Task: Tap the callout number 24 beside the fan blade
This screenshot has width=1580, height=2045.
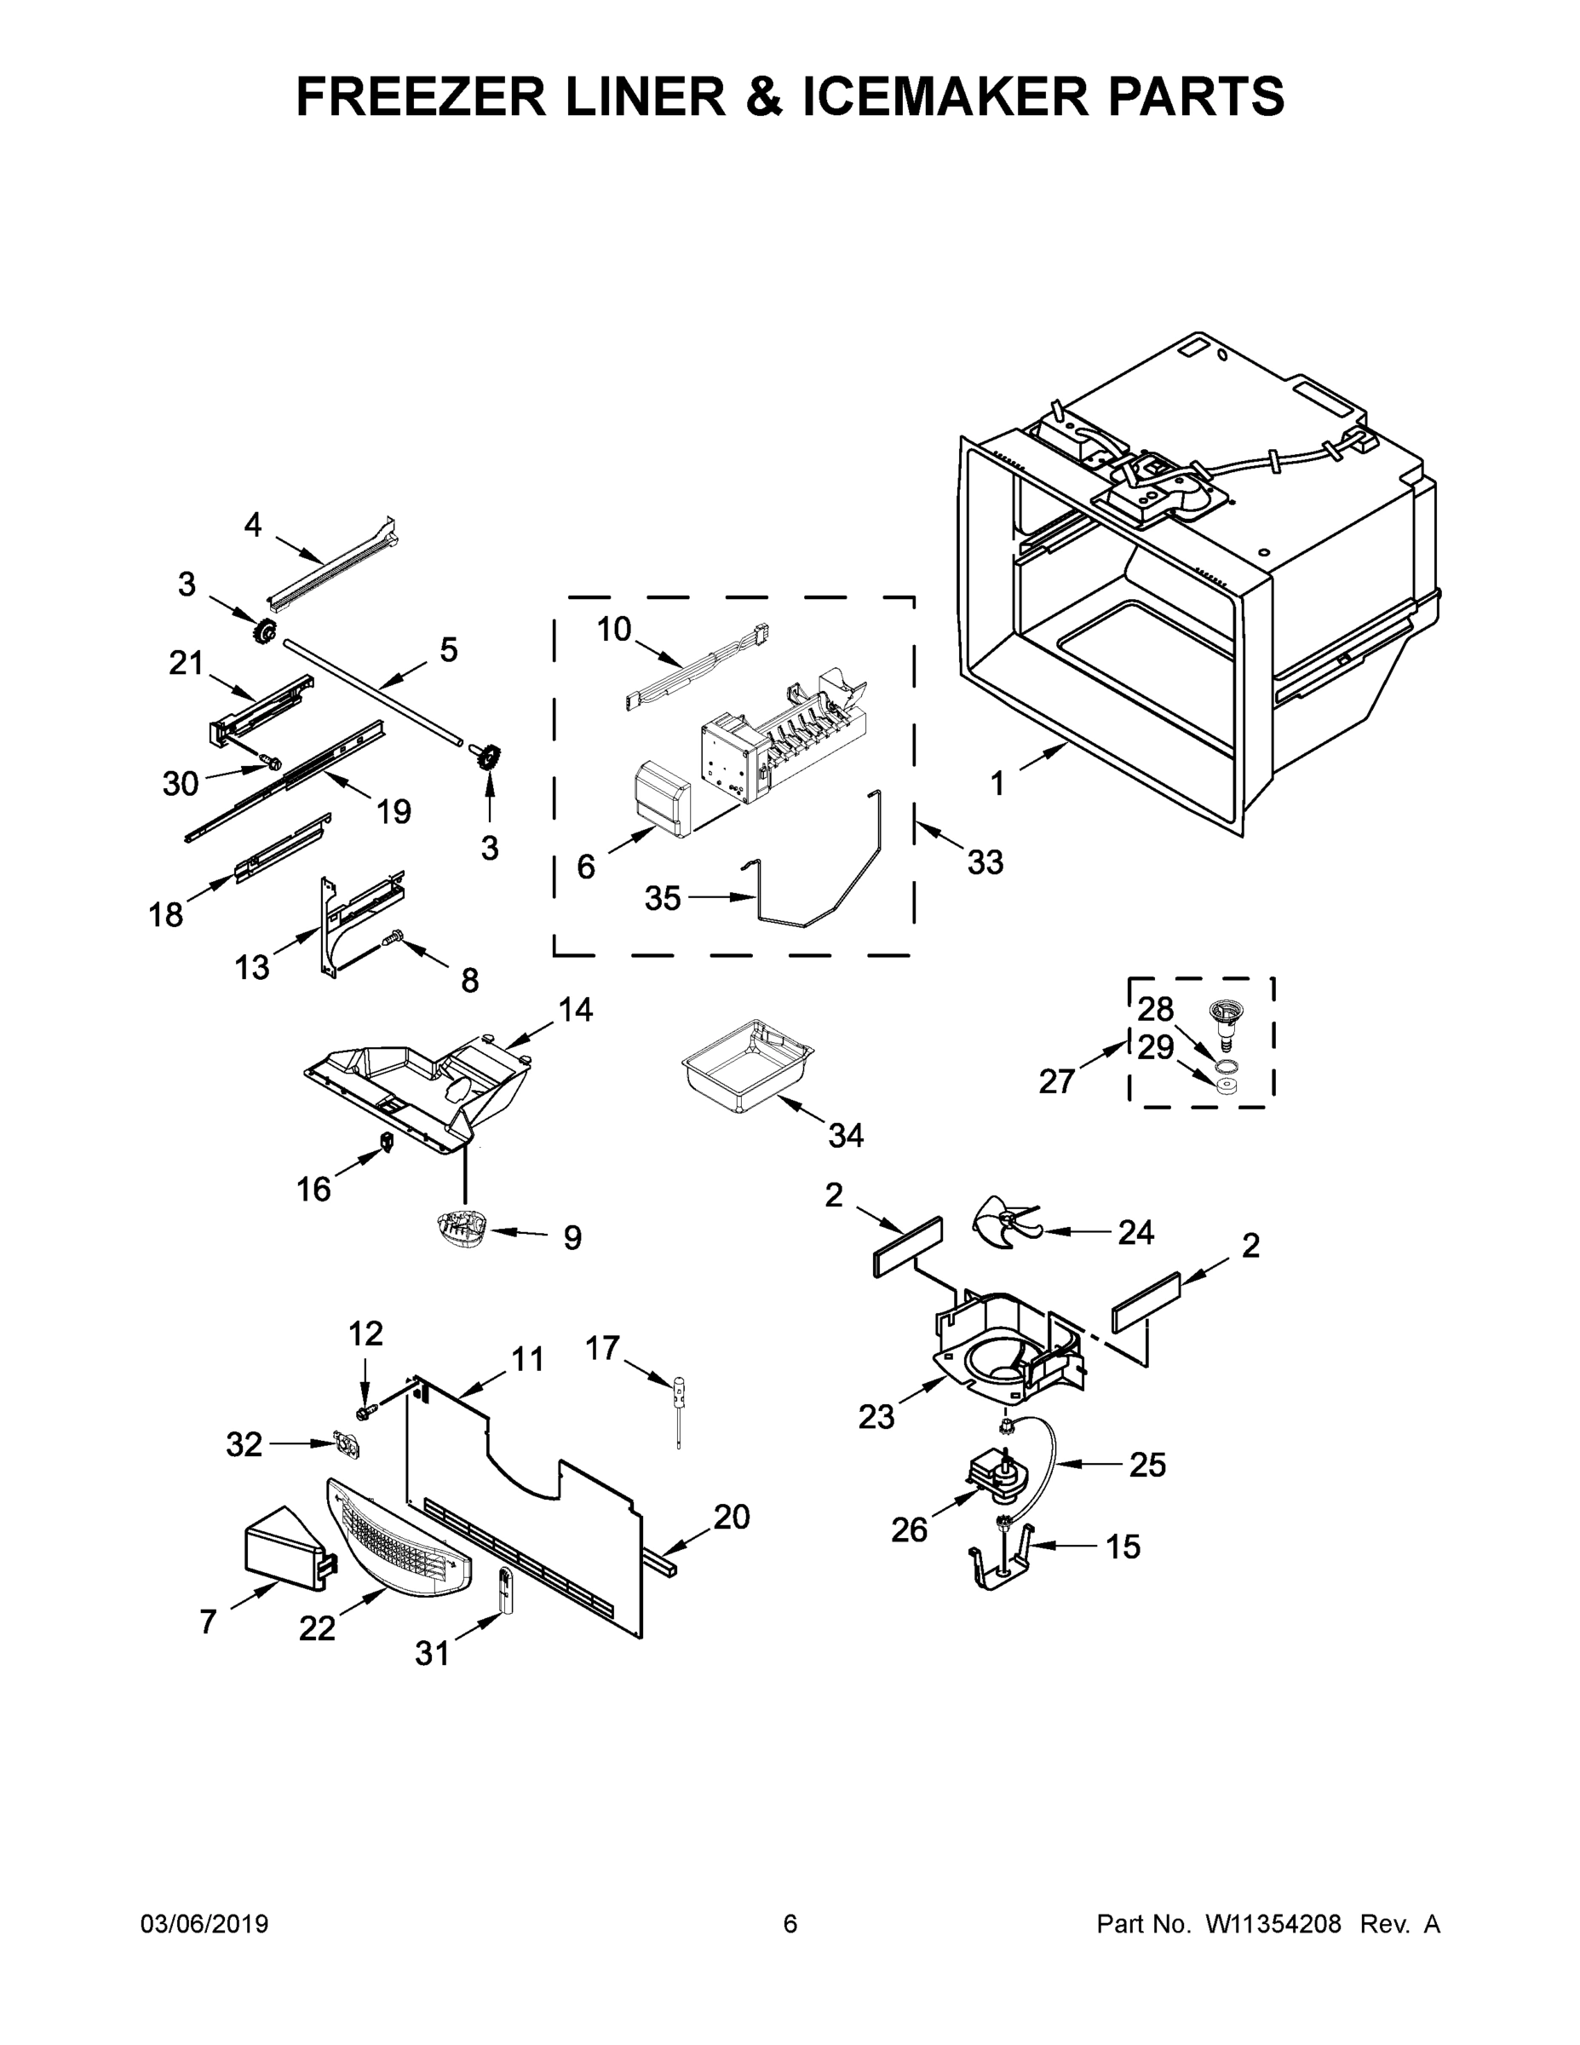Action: click(x=1135, y=1232)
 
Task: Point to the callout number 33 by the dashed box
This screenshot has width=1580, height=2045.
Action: click(x=985, y=861)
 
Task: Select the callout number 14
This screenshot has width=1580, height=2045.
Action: click(x=576, y=1010)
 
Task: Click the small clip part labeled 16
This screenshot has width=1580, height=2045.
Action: click(x=385, y=1142)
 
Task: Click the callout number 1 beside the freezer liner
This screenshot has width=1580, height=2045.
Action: click(x=997, y=784)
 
